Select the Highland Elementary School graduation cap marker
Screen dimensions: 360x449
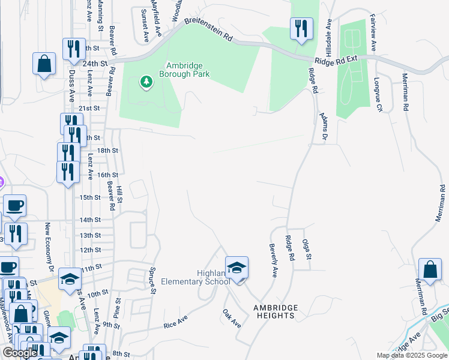point(237,268)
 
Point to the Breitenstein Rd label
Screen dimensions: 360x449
point(208,29)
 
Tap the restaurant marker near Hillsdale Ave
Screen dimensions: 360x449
point(300,29)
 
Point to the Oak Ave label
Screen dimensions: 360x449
point(232,318)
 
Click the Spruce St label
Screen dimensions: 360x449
point(154,281)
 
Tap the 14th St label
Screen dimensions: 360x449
point(90,220)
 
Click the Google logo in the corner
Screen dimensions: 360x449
point(20,353)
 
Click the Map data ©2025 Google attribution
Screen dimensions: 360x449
point(412,355)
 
